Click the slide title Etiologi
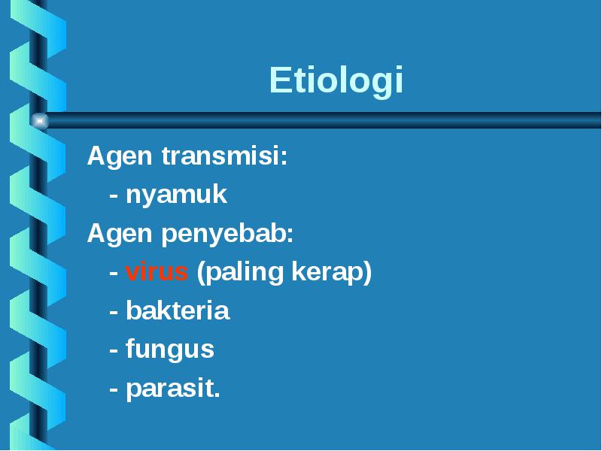(336, 80)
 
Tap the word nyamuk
(177, 195)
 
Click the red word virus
(157, 271)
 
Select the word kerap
(327, 272)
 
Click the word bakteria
(178, 310)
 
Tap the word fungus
(170, 350)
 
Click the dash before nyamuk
(114, 195)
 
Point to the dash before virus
(114, 273)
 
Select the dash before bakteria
(114, 312)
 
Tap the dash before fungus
(114, 350)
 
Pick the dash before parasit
(114, 389)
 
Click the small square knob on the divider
(40, 121)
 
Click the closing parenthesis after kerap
(367, 273)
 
